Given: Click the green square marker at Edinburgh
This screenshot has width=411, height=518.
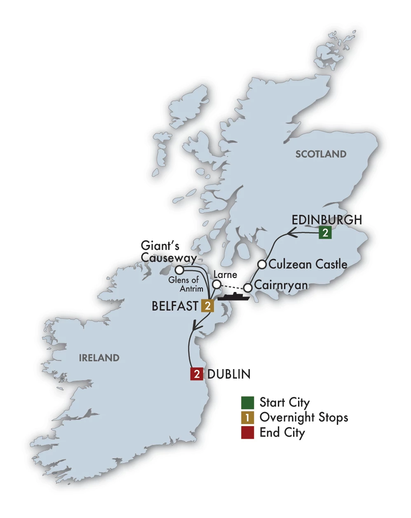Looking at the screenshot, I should (325, 233).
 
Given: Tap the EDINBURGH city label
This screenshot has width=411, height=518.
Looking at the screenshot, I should (326, 219).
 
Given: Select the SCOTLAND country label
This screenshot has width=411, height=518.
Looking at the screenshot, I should (321, 154).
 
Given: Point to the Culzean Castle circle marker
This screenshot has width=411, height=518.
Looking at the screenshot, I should (262, 264).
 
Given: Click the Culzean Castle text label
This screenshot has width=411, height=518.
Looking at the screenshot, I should (308, 264).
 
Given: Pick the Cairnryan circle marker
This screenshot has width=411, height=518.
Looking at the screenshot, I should (247, 287).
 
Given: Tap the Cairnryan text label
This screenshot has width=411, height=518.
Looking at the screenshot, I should (281, 285).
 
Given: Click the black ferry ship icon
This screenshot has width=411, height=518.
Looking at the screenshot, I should (233, 296).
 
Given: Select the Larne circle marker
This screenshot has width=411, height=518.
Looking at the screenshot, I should (216, 284).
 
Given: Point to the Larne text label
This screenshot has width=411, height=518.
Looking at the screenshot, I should (225, 275).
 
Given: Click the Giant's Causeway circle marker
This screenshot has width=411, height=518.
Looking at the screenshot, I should (179, 270).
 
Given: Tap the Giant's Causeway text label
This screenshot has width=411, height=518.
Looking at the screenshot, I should (168, 252).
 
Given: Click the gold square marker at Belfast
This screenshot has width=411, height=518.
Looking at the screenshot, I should (207, 306).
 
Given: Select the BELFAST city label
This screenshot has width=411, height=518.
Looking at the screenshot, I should (175, 306).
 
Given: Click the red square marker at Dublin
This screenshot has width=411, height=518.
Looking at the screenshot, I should (197, 374).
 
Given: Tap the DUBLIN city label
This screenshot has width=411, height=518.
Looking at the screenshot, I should (229, 374).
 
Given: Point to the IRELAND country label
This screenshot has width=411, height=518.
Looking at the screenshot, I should (99, 358).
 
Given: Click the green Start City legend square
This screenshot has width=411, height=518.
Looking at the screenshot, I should (247, 403).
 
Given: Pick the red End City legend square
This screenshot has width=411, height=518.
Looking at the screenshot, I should (247, 432).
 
